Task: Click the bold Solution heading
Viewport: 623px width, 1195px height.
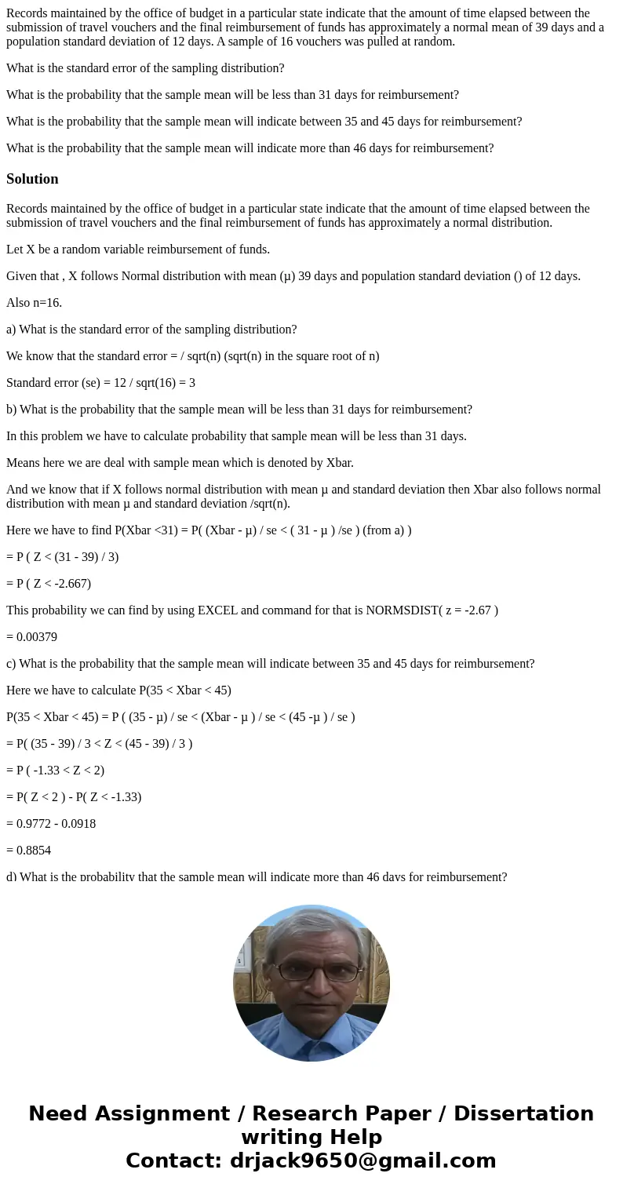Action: pyautogui.click(x=32, y=179)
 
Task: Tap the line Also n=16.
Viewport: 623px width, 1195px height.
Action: pyautogui.click(x=34, y=303)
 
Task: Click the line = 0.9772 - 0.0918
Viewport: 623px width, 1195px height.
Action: pyautogui.click(x=51, y=823)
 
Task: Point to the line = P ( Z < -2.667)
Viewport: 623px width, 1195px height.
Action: pyautogui.click(x=49, y=584)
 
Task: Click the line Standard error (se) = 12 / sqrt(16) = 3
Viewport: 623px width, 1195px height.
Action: pyautogui.click(x=100, y=383)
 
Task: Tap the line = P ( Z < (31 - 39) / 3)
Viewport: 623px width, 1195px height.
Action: pyautogui.click(x=62, y=557)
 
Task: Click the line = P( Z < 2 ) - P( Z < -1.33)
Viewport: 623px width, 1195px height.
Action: pyautogui.click(x=74, y=796)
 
